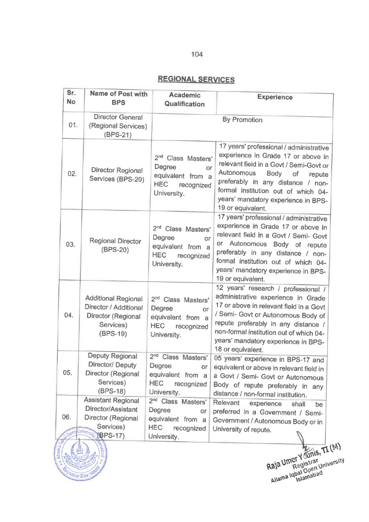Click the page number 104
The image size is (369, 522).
click(197, 55)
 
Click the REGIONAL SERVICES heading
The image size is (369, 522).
click(196, 80)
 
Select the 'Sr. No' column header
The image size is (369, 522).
click(71, 98)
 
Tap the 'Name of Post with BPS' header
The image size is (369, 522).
click(118, 98)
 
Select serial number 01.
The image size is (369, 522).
click(72, 125)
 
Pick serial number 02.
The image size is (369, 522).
click(72, 174)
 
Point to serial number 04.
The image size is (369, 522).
click(72, 315)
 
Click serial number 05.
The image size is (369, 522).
click(72, 372)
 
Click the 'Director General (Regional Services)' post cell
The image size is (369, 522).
click(118, 125)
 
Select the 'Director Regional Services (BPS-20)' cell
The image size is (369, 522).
click(118, 174)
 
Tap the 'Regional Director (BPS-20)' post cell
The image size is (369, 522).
click(118, 244)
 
